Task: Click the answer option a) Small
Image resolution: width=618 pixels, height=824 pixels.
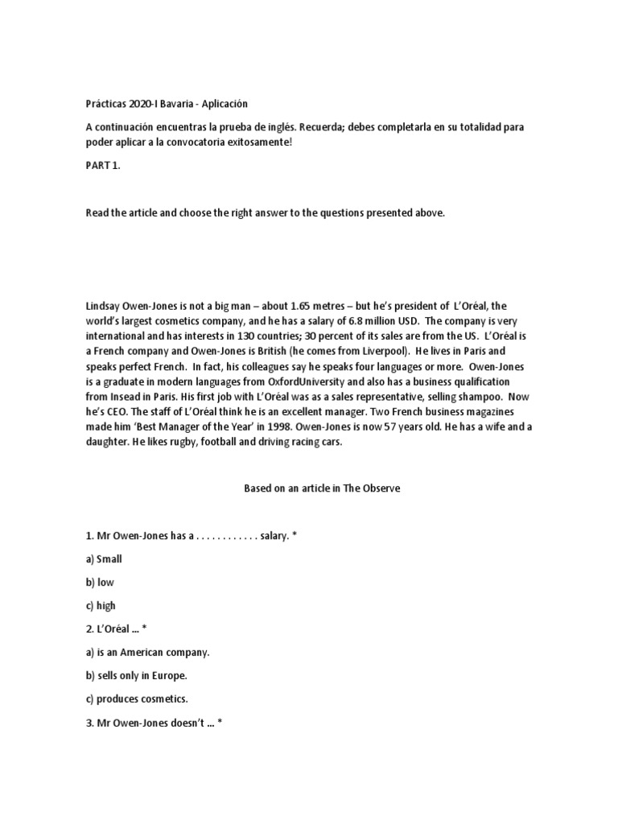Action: (x=104, y=558)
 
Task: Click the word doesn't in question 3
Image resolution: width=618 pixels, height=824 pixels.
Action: (x=187, y=723)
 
